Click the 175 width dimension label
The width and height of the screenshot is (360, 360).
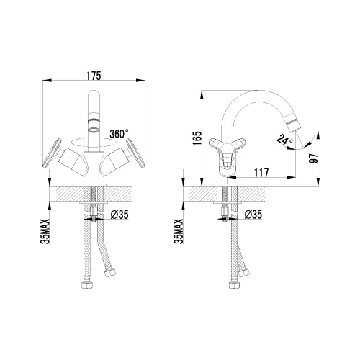[94, 76]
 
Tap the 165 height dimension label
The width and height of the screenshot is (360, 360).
[197, 138]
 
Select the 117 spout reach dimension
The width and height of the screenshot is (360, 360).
[261, 173]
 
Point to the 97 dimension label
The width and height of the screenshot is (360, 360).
[314, 158]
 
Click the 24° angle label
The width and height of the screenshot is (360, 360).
[285, 140]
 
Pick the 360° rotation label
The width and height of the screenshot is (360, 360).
[119, 134]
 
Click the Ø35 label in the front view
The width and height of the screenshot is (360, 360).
[120, 215]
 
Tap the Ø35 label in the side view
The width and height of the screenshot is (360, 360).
[253, 215]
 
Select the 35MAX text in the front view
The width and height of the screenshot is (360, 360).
[45, 231]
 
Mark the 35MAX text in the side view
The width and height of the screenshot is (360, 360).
[179, 231]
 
